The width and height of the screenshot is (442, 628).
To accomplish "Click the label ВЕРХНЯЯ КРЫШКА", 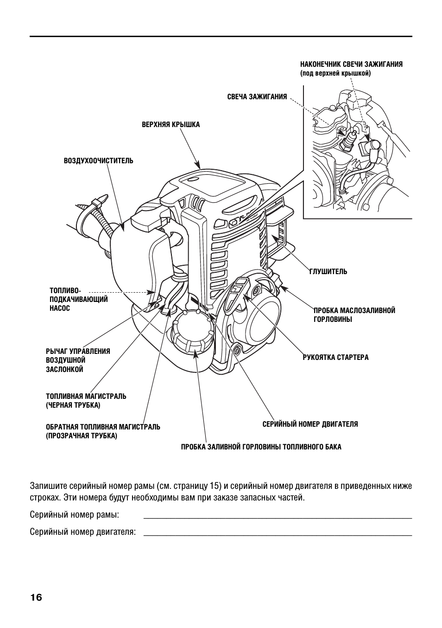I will (x=170, y=124).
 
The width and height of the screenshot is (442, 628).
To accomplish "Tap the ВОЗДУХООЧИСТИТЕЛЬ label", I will (x=98, y=161).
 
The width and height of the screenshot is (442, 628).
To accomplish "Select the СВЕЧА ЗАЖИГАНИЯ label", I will (x=257, y=97).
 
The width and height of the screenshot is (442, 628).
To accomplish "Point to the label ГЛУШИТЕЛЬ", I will (x=328, y=272).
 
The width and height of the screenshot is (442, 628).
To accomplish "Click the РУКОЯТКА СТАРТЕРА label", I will (x=335, y=358).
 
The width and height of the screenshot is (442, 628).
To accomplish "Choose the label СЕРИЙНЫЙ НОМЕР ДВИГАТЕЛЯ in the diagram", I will (x=310, y=424).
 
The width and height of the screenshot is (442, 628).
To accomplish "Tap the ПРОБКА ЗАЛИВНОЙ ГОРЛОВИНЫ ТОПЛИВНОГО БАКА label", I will (x=261, y=447).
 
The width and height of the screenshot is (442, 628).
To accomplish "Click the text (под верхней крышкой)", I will (x=335, y=73).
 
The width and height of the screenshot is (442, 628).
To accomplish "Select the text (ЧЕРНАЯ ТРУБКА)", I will (x=73, y=405).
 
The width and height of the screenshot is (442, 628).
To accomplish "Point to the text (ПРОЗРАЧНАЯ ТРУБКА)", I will (x=82, y=436).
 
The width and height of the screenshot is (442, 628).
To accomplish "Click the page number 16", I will (x=36, y=597).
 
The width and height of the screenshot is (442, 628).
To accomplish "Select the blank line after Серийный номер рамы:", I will (x=278, y=516).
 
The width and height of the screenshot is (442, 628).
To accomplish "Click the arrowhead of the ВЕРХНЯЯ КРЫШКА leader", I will (x=198, y=166).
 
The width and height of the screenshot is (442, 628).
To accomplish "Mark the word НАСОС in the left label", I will (x=60, y=308).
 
